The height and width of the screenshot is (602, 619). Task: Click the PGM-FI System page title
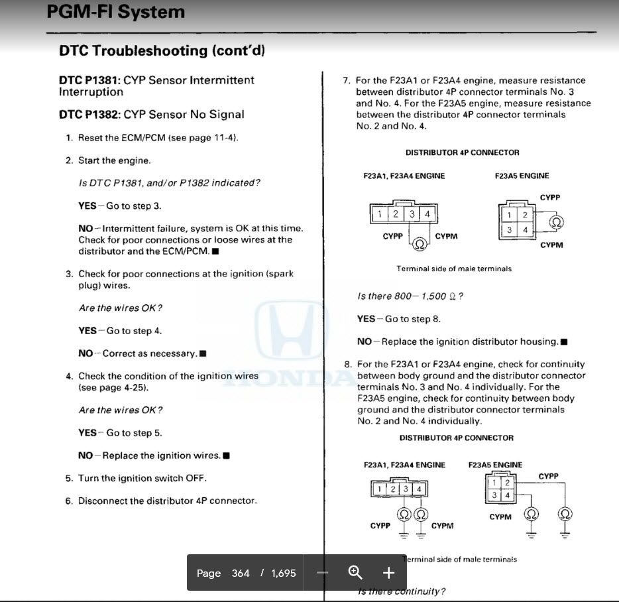(x=116, y=11)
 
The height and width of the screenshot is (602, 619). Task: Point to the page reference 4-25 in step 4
(x=135, y=387)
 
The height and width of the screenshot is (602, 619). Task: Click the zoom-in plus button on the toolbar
(x=388, y=573)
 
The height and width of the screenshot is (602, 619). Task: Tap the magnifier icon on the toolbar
(x=355, y=572)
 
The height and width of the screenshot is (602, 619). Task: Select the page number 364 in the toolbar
(x=241, y=573)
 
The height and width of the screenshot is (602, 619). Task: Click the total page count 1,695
(x=284, y=573)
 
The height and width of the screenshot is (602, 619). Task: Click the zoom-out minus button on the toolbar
(x=323, y=573)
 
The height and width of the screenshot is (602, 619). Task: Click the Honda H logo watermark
(x=290, y=330)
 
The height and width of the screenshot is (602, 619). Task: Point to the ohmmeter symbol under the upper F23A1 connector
(x=420, y=244)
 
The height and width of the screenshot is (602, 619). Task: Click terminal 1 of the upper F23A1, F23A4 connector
(x=379, y=214)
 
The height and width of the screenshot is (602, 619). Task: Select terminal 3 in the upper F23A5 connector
(x=509, y=230)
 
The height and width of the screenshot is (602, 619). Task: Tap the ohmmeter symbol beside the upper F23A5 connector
(x=557, y=222)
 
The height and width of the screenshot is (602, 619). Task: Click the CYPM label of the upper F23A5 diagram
(x=551, y=245)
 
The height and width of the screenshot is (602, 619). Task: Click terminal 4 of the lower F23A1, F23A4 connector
(x=419, y=489)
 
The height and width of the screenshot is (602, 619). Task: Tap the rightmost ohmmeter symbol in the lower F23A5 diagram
(x=565, y=514)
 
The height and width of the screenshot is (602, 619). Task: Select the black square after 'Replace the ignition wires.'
(x=226, y=456)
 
